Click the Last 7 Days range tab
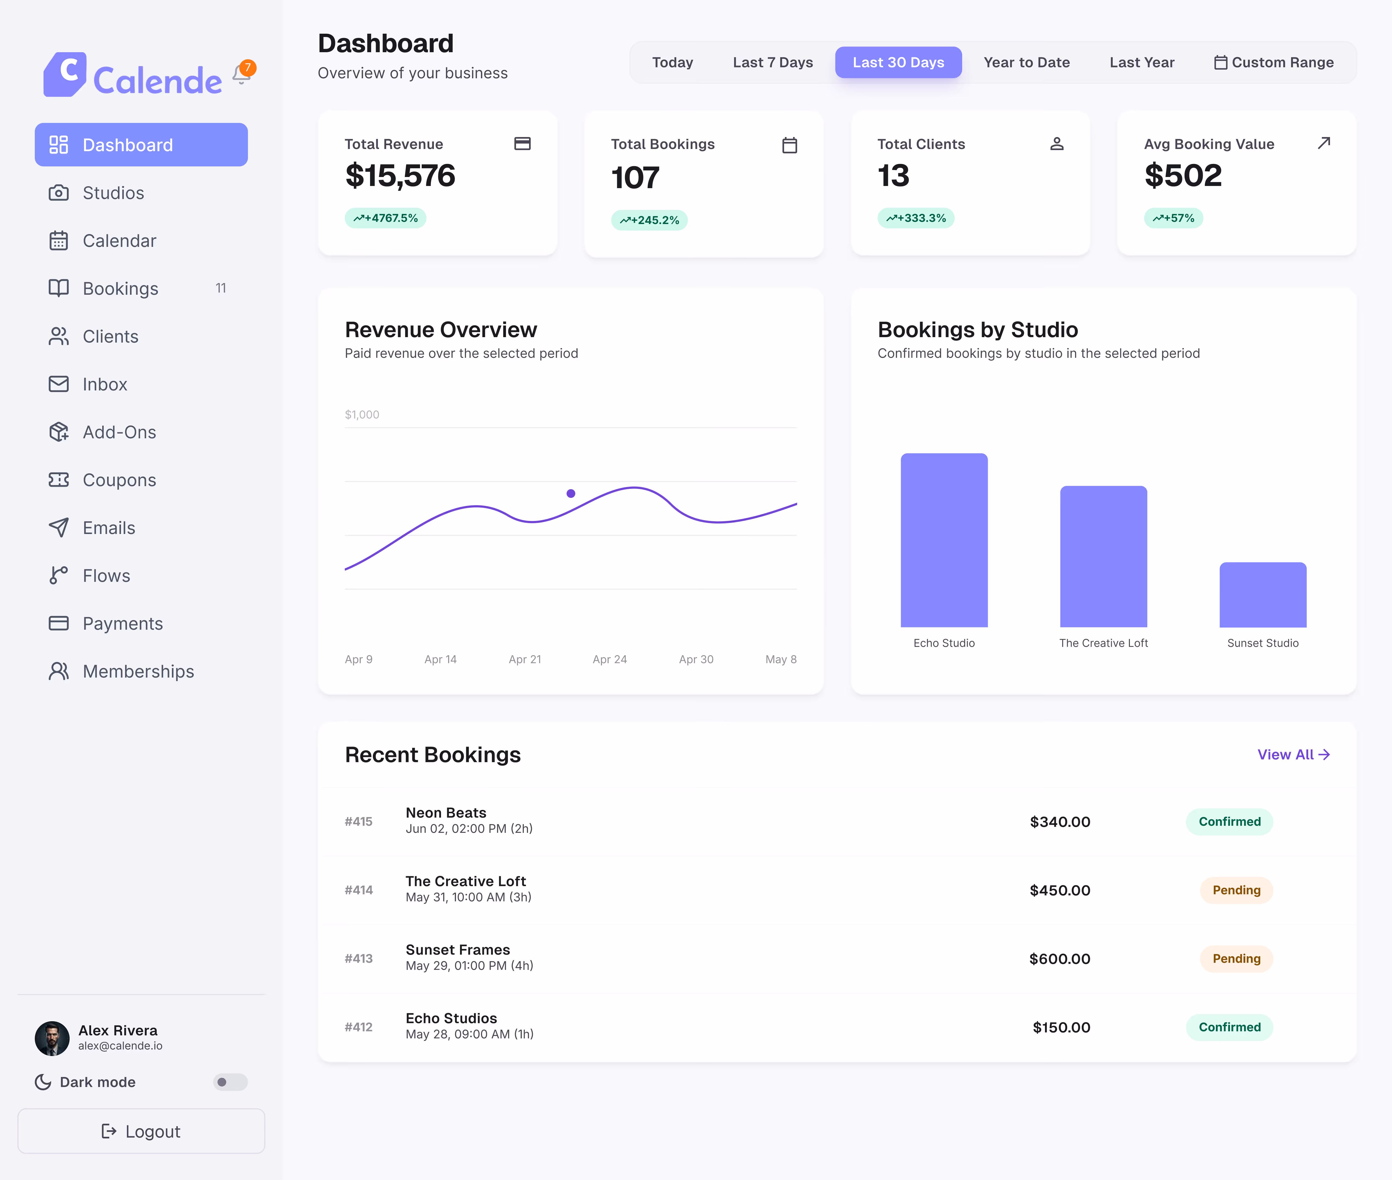[773, 62]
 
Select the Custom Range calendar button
[1274, 62]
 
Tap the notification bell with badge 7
[242, 74]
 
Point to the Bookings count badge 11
[221, 288]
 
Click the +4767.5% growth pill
[385, 218]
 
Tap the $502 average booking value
[1183, 175]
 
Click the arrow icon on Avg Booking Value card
[1324, 143]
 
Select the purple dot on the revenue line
[571, 494]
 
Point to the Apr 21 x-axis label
[524, 659]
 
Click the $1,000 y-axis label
[362, 415]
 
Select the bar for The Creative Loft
[1104, 557]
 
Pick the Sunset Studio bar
[1263, 595]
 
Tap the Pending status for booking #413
[1236, 959]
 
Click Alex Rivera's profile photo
[52, 1038]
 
